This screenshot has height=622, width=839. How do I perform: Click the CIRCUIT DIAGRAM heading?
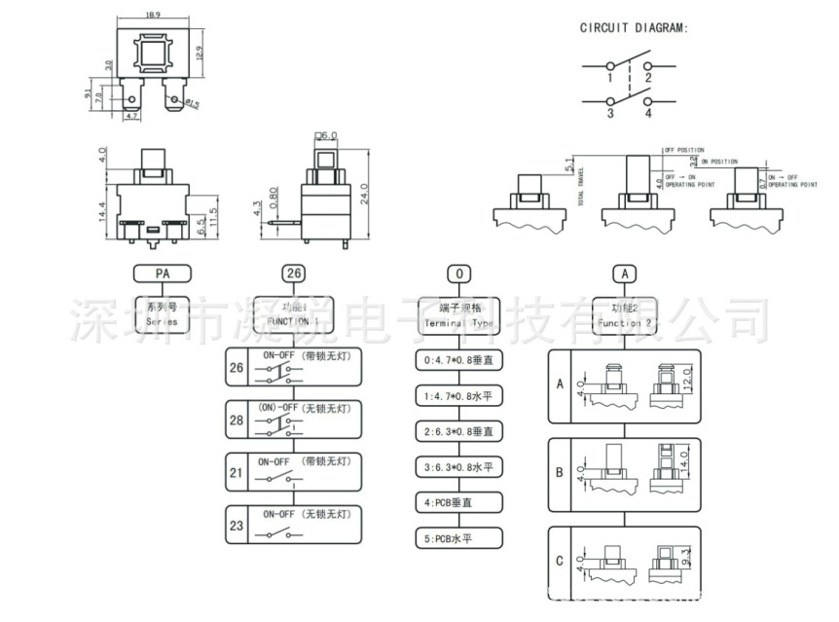(634, 29)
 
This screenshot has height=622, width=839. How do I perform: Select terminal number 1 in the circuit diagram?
(609, 76)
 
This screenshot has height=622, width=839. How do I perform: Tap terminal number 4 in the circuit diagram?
(646, 113)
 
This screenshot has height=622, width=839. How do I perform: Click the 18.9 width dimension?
(153, 16)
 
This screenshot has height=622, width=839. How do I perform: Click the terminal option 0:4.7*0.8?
(459, 361)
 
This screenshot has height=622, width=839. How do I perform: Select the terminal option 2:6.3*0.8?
(459, 431)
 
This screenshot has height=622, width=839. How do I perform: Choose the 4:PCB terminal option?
(459, 502)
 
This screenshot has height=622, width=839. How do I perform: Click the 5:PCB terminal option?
(459, 538)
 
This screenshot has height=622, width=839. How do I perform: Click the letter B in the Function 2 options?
(560, 473)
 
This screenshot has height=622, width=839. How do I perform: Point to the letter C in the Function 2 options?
(560, 561)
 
